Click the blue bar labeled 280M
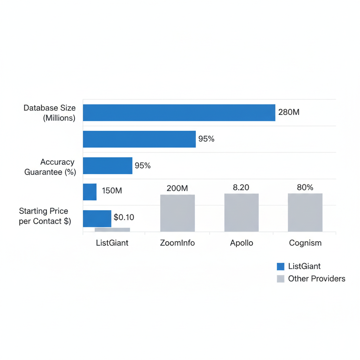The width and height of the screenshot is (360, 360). point(179,112)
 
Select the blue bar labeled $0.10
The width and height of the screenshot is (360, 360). point(97,218)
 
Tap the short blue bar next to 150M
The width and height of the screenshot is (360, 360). point(90,192)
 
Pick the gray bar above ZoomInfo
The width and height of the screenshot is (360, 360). point(177,213)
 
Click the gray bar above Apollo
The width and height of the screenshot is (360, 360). point(241,212)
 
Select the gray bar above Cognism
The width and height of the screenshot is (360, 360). point(305,212)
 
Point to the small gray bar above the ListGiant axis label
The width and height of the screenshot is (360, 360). point(112,230)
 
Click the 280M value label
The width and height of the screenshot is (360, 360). point(289,112)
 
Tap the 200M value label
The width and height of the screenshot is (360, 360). point(177,188)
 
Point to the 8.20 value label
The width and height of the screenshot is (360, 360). point(241,188)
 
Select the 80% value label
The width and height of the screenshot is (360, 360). point(305,188)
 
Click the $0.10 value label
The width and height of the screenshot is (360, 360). point(124,217)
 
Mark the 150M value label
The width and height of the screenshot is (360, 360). point(112,191)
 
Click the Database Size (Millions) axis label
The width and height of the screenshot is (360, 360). point(50,113)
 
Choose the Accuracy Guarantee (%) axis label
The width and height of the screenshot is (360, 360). point(50,167)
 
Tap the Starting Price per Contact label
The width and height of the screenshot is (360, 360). point(45,216)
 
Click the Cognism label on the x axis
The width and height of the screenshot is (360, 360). point(305,243)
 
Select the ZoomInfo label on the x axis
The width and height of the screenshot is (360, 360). point(177,243)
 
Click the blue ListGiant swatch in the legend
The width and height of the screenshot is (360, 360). point(281,266)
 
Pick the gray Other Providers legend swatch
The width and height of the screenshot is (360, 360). point(281,279)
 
